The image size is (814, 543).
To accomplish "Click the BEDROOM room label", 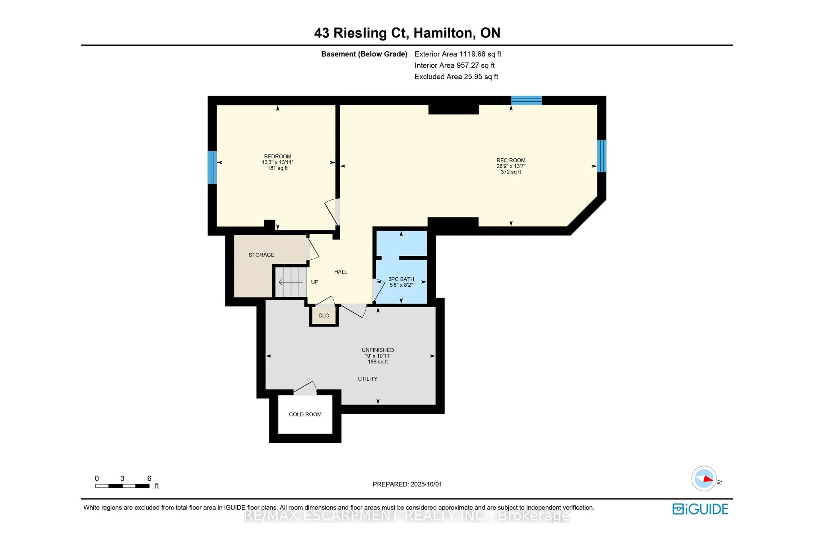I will click(277, 156).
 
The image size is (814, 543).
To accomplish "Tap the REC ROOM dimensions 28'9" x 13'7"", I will click(511, 166).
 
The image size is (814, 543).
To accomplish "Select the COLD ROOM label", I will click(305, 415).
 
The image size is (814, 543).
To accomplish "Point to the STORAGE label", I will click(261, 255).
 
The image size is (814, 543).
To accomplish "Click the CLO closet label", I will click(324, 315).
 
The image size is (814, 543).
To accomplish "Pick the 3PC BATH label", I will click(401, 279).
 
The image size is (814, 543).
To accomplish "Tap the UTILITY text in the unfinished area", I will click(368, 379).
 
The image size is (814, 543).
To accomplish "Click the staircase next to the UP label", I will click(291, 282).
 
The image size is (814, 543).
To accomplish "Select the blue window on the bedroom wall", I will click(212, 167).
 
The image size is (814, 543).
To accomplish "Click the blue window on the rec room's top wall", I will click(526, 100).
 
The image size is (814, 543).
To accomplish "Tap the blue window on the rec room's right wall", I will click(602, 156).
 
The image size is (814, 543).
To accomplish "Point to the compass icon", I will click(704, 479).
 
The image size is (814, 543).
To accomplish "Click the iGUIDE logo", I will click(700, 509).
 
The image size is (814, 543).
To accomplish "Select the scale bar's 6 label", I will click(149, 479).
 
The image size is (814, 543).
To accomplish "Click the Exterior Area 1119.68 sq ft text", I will click(458, 54).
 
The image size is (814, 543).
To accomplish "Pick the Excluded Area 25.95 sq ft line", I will click(456, 77).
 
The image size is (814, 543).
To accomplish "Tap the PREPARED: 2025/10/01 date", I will click(407, 484).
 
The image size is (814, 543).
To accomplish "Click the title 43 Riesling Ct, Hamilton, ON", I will click(407, 33).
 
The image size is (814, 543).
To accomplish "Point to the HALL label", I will click(341, 272).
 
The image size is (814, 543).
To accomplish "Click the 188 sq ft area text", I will click(378, 362).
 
